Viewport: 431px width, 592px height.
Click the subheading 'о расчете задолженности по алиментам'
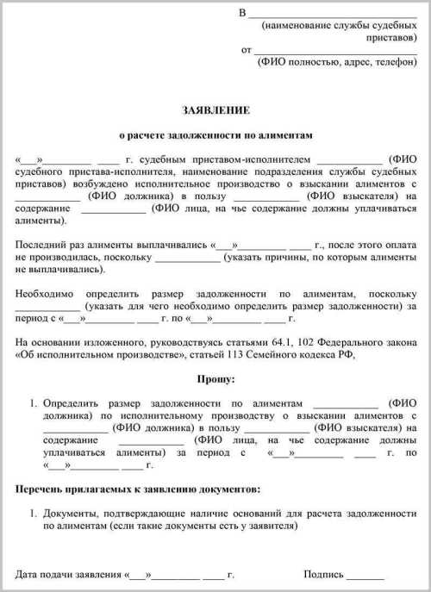point(215,135)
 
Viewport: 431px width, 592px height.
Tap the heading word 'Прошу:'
point(215,379)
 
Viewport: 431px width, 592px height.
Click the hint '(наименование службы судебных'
point(338,26)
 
